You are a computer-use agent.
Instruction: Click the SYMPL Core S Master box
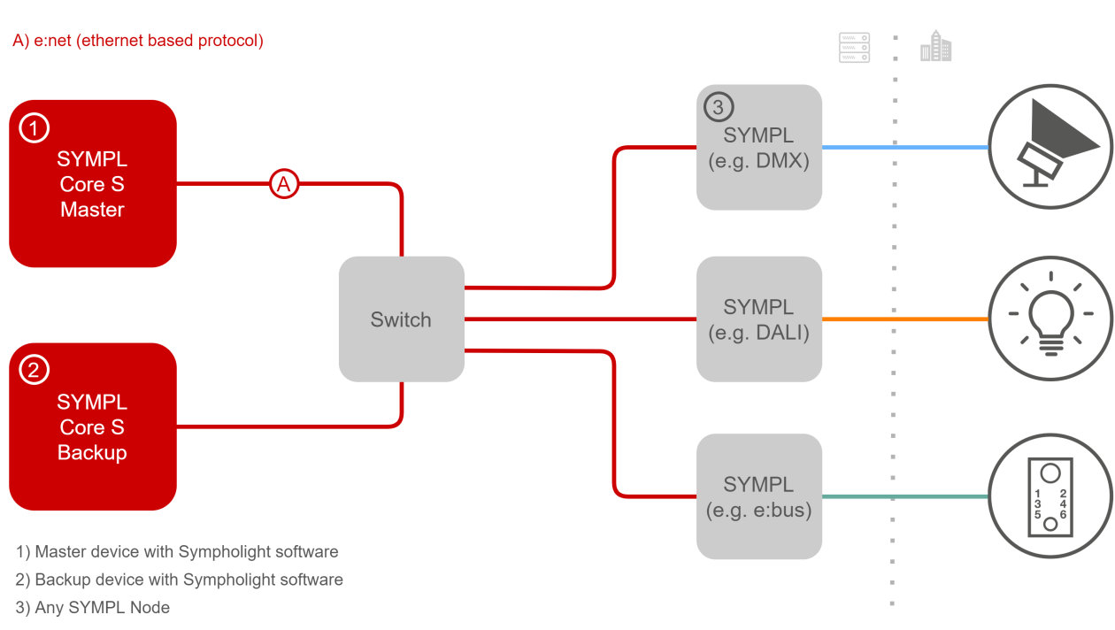pyautogui.click(x=92, y=184)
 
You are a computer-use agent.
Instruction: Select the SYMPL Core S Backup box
pyautogui.click(x=92, y=426)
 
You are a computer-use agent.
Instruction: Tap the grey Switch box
pyautogui.click(x=401, y=319)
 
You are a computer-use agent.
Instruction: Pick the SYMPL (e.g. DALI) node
pyautogui.click(x=759, y=319)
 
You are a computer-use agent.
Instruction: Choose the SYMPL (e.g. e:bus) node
pyautogui.click(x=759, y=496)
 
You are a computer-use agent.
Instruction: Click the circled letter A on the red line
pyautogui.click(x=283, y=184)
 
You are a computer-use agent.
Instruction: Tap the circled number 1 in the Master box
pyautogui.click(x=34, y=129)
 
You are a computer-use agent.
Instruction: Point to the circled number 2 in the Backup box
pyautogui.click(x=34, y=371)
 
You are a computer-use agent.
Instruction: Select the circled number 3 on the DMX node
pyautogui.click(x=718, y=108)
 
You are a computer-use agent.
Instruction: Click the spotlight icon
pyautogui.click(x=1050, y=147)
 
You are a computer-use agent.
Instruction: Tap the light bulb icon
pyautogui.click(x=1050, y=319)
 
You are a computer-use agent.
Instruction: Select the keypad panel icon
pyautogui.click(x=1050, y=496)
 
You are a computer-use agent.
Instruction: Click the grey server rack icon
pyautogui.click(x=854, y=48)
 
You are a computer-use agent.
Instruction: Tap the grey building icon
pyautogui.click(x=935, y=46)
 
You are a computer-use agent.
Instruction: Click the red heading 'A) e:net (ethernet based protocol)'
pyautogui.click(x=138, y=41)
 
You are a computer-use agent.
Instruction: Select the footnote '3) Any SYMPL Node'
pyautogui.click(x=93, y=608)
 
